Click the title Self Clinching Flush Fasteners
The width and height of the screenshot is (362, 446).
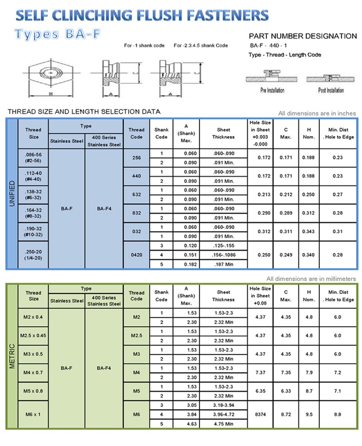click(142, 15)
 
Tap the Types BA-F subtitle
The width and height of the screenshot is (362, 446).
click(57, 34)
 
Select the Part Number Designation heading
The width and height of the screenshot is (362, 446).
click(303, 36)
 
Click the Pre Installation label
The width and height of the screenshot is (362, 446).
click(272, 90)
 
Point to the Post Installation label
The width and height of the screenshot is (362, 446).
click(331, 90)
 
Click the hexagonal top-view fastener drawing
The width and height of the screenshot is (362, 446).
click(51, 73)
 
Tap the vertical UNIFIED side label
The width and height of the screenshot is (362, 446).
click(12, 193)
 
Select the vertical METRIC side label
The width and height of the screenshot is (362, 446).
click(12, 356)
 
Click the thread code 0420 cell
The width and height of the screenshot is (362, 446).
click(136, 255)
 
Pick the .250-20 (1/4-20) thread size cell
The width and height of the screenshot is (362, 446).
click(33, 255)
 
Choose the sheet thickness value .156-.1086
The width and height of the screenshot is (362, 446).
click(224, 255)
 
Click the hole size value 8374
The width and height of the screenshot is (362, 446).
click(260, 415)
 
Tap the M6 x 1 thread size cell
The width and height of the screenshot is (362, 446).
click(33, 415)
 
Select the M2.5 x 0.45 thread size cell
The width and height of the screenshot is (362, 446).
click(33, 336)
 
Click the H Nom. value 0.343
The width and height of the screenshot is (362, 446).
click(308, 231)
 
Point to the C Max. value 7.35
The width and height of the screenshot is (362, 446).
click(286, 372)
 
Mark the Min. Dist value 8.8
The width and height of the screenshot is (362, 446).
click(337, 415)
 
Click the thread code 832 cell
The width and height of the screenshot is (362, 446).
click(136, 213)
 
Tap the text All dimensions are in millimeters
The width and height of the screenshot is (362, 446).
click(311, 279)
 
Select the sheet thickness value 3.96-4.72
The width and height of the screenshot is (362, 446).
click(224, 415)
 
